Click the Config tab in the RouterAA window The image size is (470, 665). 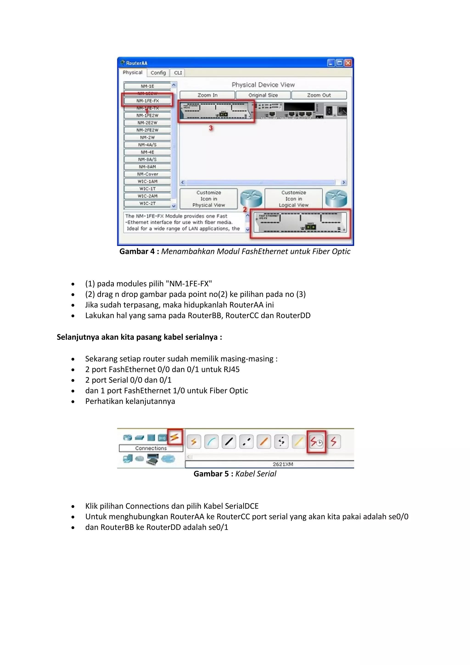point(158,73)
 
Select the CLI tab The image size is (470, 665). point(178,73)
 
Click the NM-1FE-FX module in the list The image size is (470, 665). point(147,101)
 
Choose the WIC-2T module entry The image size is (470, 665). point(147,203)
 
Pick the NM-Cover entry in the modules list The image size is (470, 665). point(147,174)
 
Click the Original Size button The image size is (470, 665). point(263,95)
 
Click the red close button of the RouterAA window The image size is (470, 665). point(348,63)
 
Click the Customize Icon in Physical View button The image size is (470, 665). point(208,199)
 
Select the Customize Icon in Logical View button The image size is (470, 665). point(294,199)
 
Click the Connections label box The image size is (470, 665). point(151,448)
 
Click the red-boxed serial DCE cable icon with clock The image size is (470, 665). point(316,442)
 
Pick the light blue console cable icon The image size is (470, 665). point(211,442)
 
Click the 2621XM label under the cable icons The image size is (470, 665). point(283,464)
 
